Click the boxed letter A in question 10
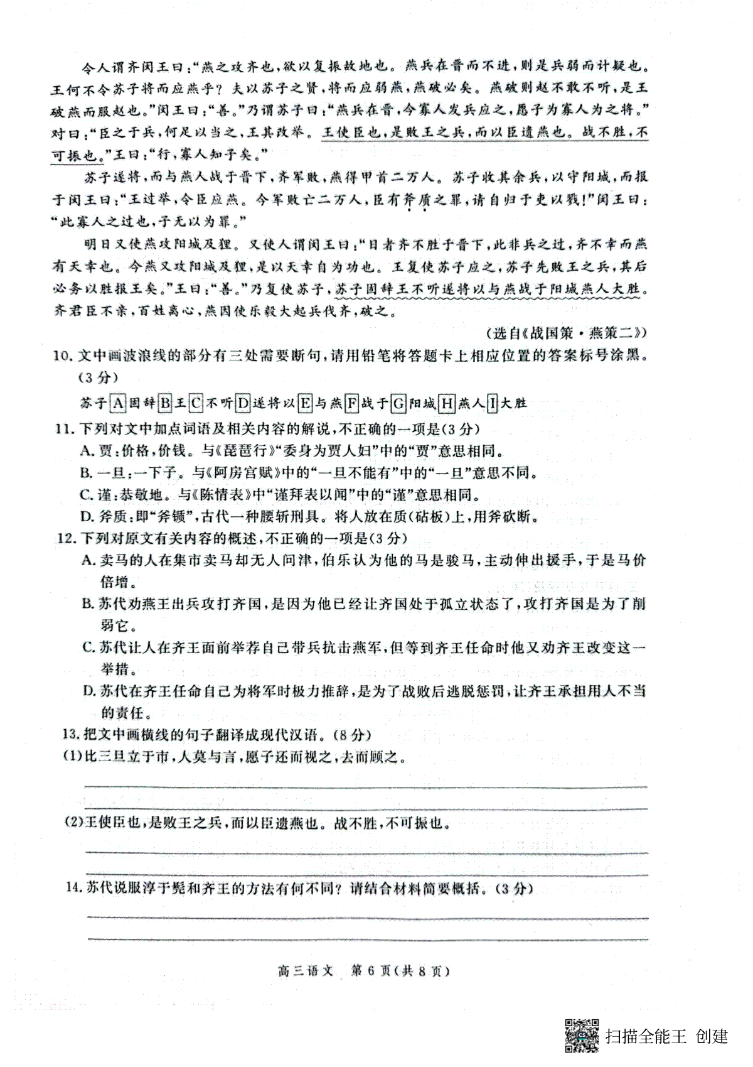117,402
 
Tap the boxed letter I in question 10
492,402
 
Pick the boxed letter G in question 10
397,402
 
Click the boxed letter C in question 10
196,402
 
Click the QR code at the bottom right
582,1036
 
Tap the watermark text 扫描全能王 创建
666,1036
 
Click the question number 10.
61,355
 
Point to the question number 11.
61,429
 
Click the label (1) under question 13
74,756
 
